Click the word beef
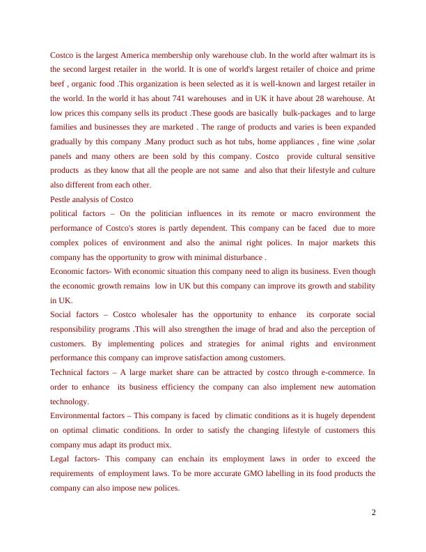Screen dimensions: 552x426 [58, 84]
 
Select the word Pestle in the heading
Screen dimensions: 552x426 [61, 199]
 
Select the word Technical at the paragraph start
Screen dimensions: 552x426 [68, 373]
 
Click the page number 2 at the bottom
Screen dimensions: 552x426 [373, 514]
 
